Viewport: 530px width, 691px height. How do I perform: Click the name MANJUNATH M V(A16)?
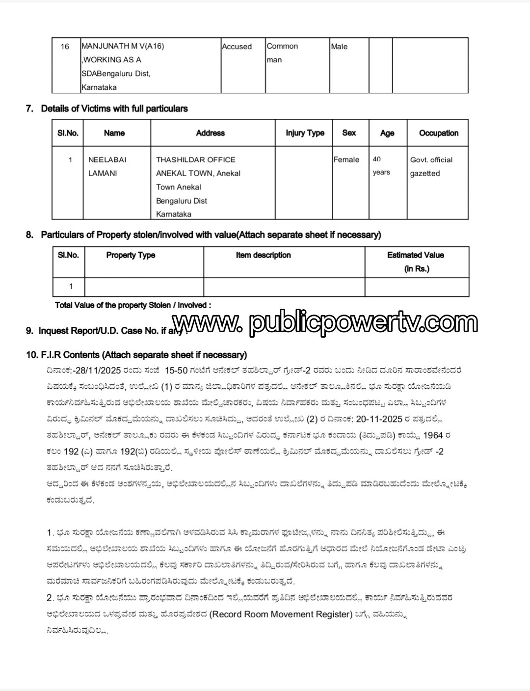123,46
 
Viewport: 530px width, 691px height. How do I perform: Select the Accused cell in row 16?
237,47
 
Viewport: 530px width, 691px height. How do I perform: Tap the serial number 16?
65,47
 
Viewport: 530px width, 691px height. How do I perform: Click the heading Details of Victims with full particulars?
114,108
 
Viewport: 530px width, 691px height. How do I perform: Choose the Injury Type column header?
305,133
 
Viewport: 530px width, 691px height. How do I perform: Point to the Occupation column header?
438,133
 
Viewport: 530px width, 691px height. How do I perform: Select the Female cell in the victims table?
346,159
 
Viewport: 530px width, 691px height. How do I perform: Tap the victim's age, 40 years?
381,165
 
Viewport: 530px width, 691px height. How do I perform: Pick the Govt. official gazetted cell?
431,166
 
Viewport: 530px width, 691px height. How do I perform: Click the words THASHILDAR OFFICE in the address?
195,159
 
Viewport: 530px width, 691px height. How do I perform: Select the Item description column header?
263,255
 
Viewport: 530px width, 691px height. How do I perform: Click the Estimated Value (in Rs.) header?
416,262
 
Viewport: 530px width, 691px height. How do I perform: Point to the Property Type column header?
131,255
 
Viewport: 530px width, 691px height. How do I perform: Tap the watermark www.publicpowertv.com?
325,323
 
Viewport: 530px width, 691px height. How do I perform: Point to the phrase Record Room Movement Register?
281,614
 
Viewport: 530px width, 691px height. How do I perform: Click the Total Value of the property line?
133,305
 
